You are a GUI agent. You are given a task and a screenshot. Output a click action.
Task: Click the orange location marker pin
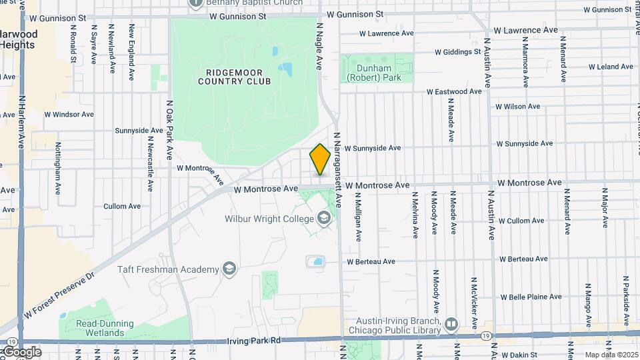click(320, 159)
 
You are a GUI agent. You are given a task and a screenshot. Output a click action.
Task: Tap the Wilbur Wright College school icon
click(323, 218)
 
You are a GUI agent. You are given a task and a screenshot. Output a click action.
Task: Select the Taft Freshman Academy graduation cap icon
click(229, 269)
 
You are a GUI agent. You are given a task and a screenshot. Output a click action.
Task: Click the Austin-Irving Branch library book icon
click(451, 325)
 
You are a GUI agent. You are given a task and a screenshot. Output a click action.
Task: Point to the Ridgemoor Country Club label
click(235, 77)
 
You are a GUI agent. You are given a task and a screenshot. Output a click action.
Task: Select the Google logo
click(21, 351)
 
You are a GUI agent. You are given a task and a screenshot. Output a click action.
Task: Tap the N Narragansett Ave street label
click(338, 169)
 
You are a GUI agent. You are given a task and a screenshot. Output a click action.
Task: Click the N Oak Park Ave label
click(171, 129)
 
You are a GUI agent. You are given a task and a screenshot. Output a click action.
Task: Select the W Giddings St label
click(457, 51)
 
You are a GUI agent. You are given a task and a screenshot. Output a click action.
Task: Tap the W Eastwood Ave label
click(454, 91)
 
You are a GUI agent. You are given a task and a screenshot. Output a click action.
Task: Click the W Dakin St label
click(523, 356)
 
